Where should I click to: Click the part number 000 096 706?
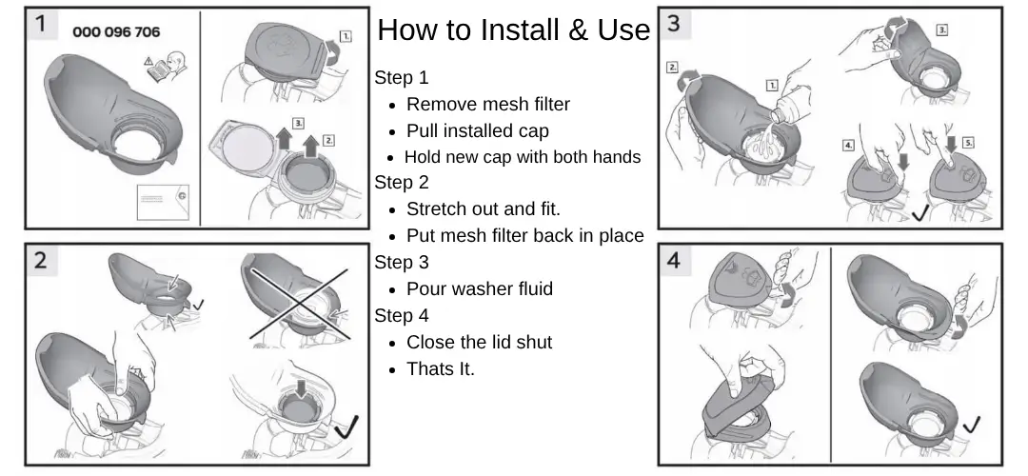point(116,32)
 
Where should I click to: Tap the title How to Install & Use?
point(513,30)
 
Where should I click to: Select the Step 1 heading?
point(402,78)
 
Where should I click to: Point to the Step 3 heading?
point(402,262)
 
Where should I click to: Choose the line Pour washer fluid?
point(479,288)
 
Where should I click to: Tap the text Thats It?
point(440,368)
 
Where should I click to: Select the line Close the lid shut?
point(479,342)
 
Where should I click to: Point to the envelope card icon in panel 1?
point(162,199)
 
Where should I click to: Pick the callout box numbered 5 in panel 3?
point(968,142)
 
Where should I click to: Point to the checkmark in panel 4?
point(972,424)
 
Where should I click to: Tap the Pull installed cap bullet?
point(477,131)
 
